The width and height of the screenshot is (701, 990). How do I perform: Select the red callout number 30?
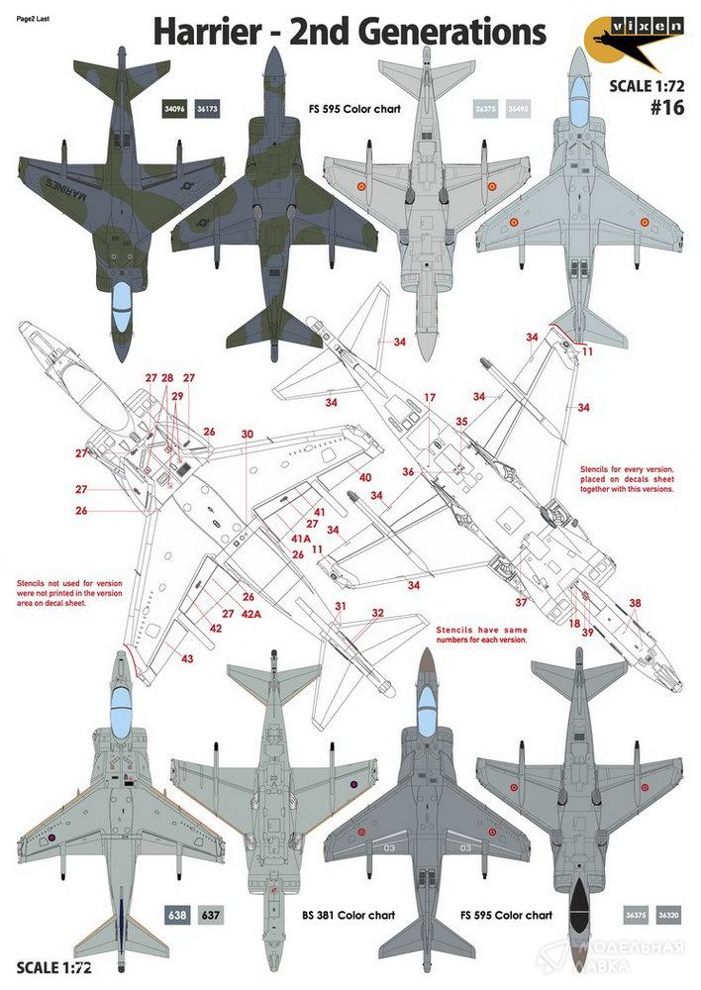[x=248, y=434]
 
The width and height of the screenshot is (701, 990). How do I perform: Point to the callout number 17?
[x=430, y=397]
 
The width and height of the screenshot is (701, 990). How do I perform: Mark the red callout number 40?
[x=365, y=477]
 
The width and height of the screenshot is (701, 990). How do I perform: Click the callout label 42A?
[x=251, y=614]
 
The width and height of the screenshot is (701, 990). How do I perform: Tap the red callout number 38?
[x=635, y=603]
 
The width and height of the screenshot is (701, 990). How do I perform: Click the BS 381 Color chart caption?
[x=350, y=915]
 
